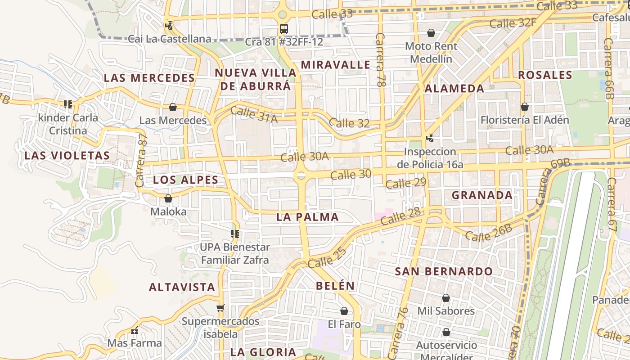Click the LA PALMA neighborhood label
click(x=307, y=217)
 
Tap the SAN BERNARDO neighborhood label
click(x=444, y=271)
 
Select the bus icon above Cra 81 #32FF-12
click(x=283, y=29)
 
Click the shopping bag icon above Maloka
click(x=168, y=198)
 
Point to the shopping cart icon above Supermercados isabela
click(x=220, y=308)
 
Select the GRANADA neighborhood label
click(x=482, y=195)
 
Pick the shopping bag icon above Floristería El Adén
click(x=524, y=107)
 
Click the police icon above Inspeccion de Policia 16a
click(x=430, y=138)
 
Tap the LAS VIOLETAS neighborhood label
click(x=67, y=156)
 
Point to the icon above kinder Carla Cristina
click(x=68, y=105)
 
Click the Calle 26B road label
click(x=488, y=232)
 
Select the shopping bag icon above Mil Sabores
click(x=446, y=298)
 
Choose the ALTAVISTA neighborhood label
click(x=182, y=287)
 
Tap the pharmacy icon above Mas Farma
click(x=134, y=331)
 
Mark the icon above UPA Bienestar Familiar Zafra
click(x=234, y=234)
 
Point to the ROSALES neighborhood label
click(x=545, y=75)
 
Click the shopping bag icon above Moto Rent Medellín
click(x=431, y=33)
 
